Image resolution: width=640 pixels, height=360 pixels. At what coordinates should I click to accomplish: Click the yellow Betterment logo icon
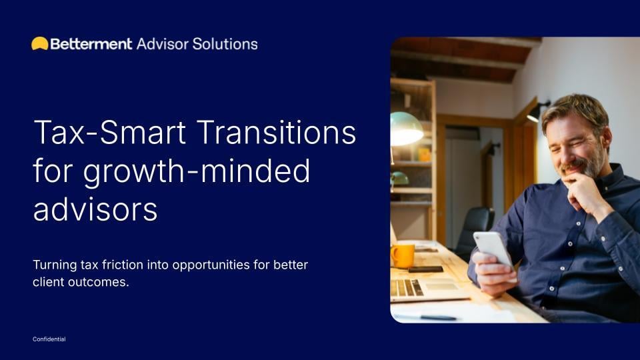[x=39, y=44]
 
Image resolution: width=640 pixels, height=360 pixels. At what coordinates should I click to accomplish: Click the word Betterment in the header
[x=91, y=44]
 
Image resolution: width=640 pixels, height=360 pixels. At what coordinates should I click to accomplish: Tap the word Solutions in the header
[x=225, y=44]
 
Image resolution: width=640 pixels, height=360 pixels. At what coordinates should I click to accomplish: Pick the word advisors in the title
[x=95, y=209]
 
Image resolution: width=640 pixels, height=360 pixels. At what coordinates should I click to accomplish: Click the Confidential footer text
[x=49, y=339]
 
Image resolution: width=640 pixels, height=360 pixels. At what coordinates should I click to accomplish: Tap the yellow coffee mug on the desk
[x=403, y=255]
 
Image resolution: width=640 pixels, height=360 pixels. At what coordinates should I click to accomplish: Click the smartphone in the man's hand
[x=492, y=248]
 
